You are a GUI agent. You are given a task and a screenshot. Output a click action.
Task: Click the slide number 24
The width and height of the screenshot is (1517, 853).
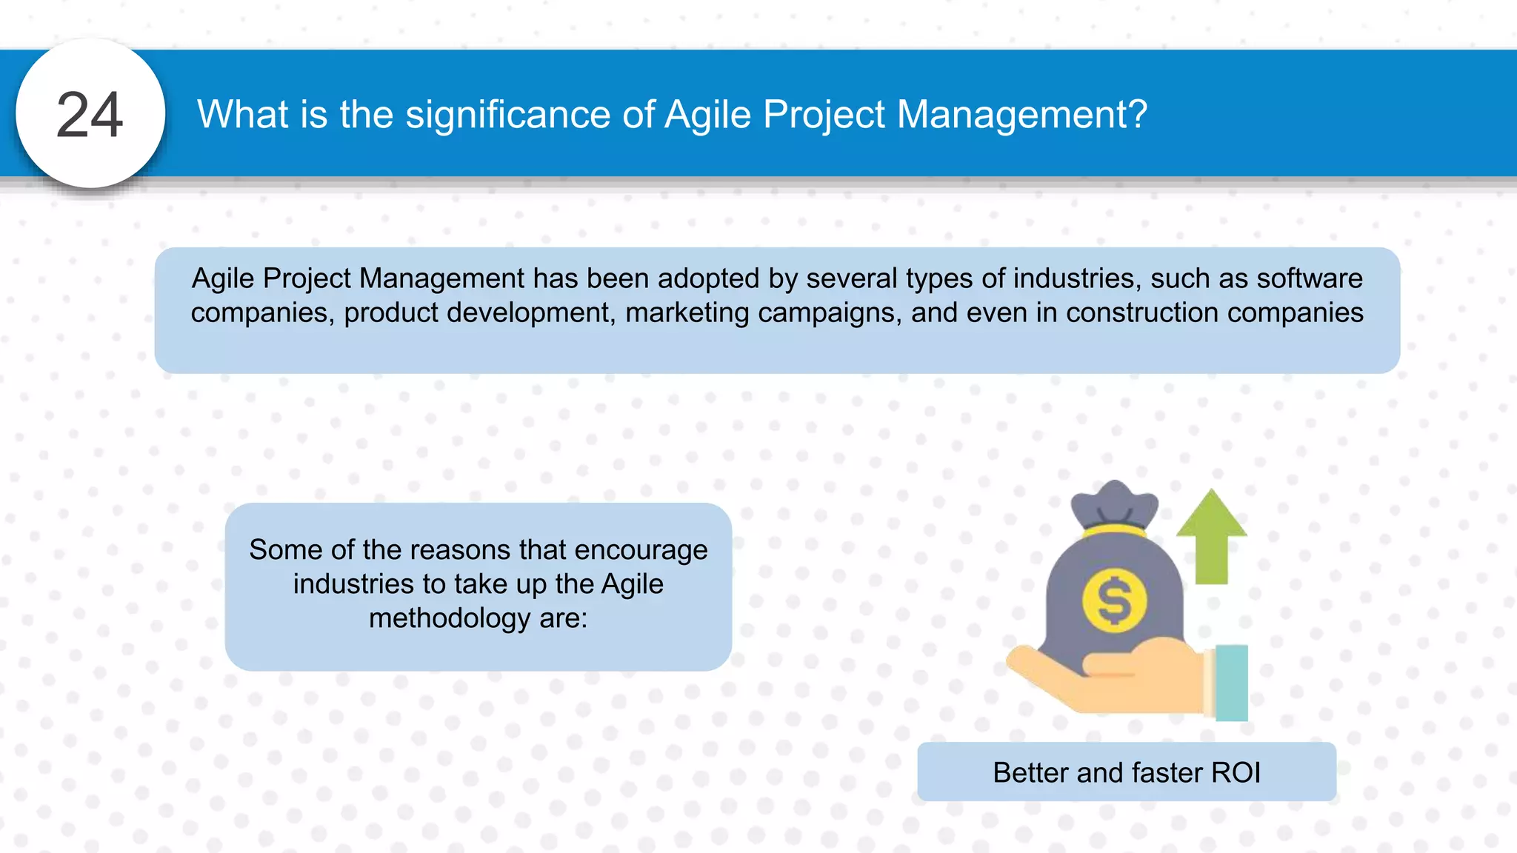[x=90, y=115]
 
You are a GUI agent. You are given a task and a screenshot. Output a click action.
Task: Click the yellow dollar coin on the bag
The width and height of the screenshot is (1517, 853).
[x=1114, y=600]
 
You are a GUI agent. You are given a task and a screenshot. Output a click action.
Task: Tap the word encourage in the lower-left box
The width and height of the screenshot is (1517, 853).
[x=641, y=550]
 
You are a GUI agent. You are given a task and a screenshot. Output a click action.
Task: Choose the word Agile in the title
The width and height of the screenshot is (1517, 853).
[x=708, y=116]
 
